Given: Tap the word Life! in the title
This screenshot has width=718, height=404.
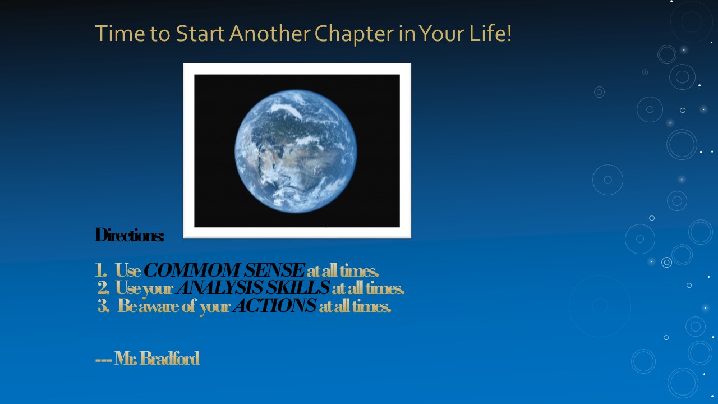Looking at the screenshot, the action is click(x=490, y=33).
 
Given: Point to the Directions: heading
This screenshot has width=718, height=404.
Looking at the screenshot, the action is click(x=130, y=235).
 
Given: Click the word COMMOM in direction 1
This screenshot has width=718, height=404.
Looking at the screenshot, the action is click(x=192, y=270).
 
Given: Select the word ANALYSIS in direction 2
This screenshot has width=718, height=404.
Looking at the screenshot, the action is click(x=219, y=287).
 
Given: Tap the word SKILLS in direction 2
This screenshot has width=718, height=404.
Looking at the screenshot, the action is click(x=298, y=287).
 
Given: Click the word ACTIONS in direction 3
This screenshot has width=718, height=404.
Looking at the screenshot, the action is click(x=275, y=305).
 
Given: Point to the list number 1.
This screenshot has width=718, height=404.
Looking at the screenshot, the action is click(x=100, y=270).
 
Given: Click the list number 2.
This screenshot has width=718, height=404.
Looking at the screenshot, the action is click(x=103, y=288).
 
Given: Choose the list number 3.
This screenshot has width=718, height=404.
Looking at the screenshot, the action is click(x=103, y=306).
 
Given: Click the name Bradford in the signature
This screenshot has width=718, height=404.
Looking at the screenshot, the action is click(x=170, y=358).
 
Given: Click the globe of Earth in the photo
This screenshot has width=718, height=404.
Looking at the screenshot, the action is click(x=296, y=151).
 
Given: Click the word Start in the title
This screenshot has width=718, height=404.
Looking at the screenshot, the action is click(x=200, y=33).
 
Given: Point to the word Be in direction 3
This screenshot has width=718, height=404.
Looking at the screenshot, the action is click(x=127, y=306).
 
